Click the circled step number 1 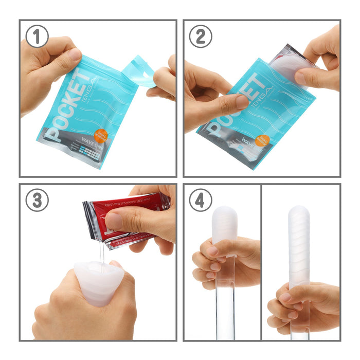click(x=37, y=37)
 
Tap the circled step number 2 click(x=201, y=37)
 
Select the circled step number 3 click(x=37, y=200)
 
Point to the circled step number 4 click(x=201, y=200)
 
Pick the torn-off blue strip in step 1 click(x=138, y=70)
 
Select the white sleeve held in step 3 click(x=98, y=280)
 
